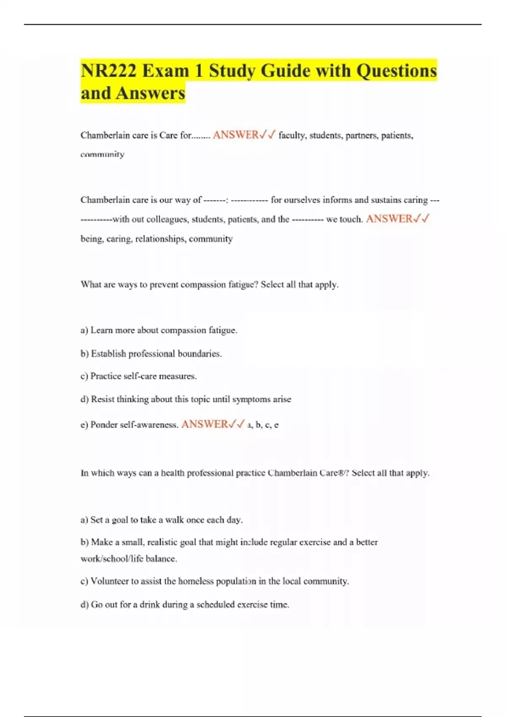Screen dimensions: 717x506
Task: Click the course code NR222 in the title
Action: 108,70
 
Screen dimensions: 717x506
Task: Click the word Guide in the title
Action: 285,70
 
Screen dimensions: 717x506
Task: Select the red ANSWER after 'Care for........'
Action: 236,135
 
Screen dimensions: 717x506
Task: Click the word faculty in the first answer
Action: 292,135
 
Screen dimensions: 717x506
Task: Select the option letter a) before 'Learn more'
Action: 84,330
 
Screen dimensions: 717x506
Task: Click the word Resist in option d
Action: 102,399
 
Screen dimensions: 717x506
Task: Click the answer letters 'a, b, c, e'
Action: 263,425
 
